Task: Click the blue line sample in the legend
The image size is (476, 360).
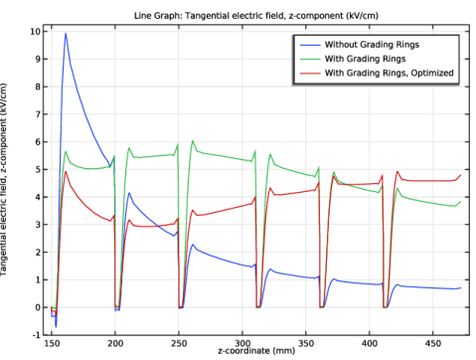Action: [309, 45]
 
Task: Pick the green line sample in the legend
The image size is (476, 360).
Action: [309, 59]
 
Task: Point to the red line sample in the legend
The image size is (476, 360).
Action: [309, 73]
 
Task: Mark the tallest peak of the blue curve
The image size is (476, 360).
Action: [66, 35]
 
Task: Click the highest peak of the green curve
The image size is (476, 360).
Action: [192, 140]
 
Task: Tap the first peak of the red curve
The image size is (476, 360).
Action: [66, 172]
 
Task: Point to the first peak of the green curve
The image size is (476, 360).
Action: [66, 151]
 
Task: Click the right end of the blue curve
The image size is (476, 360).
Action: [461, 288]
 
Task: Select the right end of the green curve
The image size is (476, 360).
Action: [461, 203]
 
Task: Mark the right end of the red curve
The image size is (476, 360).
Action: [461, 175]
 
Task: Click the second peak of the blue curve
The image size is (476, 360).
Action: [129, 193]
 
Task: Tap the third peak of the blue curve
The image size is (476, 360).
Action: [193, 245]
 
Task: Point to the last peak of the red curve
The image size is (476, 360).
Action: [397, 172]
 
